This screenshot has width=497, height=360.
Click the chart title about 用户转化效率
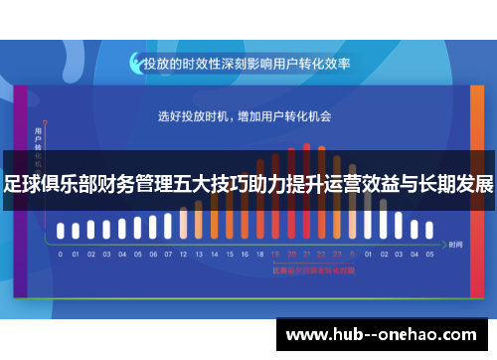(x=248, y=63)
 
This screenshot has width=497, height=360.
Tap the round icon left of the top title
(x=135, y=63)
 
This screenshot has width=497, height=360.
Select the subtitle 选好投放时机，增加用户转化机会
(x=245, y=116)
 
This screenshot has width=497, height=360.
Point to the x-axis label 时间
(x=455, y=244)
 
